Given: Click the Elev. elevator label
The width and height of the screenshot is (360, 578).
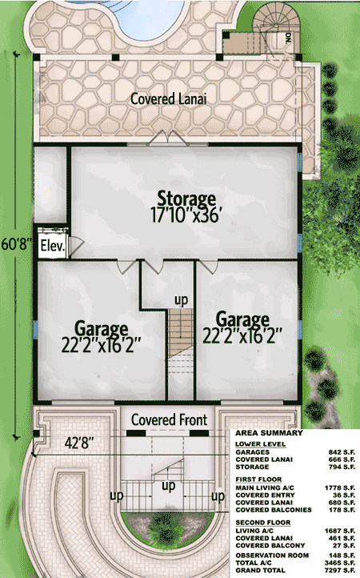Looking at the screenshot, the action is point(53,246).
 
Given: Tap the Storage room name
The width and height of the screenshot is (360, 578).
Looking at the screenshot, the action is point(186,199).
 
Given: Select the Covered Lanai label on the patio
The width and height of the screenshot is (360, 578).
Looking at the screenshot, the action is point(168,98).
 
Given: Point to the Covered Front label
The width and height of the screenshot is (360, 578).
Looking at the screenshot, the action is point(169,419).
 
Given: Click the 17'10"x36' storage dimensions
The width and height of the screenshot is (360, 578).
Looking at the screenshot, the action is point(186,215).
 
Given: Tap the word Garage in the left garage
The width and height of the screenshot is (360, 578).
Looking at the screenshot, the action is point(102,329).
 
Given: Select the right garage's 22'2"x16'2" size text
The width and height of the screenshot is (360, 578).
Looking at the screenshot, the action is point(242,335).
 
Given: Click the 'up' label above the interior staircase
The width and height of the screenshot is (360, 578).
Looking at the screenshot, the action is point(181,300).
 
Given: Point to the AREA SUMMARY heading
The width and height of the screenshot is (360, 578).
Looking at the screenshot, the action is point(269,433).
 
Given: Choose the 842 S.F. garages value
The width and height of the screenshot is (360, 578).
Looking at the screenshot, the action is point(342,452).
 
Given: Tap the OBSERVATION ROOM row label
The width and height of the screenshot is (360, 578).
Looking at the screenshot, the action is point(272,555).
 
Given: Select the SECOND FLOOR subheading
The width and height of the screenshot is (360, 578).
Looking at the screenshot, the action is point(263,522).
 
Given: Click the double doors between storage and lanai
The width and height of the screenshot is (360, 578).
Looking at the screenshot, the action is point(168,138).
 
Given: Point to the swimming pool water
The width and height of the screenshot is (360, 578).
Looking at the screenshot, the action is point(151,18).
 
